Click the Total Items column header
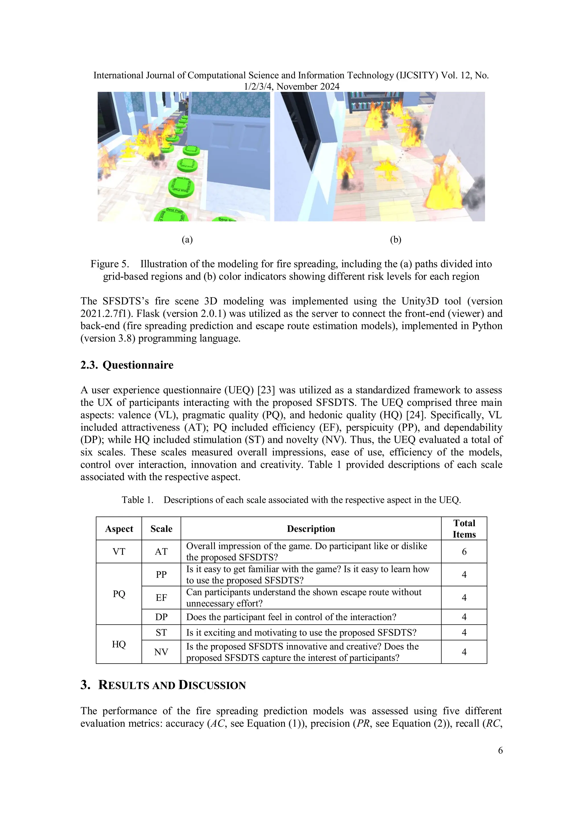click(x=464, y=529)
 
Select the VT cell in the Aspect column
click(x=119, y=552)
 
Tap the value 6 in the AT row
click(x=464, y=552)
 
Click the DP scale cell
click(x=161, y=617)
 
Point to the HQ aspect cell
click(x=119, y=644)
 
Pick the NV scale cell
click(x=161, y=652)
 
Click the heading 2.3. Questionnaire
click(x=127, y=365)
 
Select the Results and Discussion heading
click(x=163, y=685)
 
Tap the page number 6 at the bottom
click(x=500, y=751)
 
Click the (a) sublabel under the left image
click(x=187, y=240)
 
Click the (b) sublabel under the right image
click(x=395, y=240)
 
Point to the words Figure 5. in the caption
click(x=109, y=264)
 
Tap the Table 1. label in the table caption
click(x=137, y=500)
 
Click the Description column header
click(x=311, y=529)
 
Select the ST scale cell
click(x=161, y=632)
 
